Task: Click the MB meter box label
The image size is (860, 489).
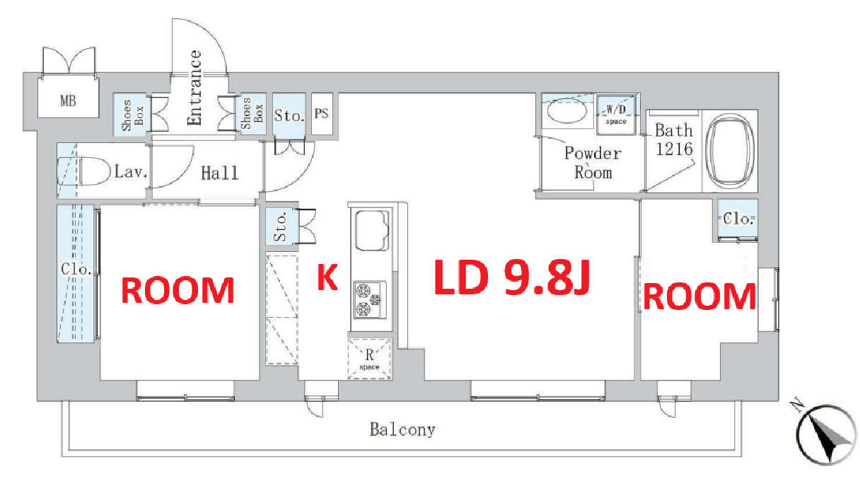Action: (x=68, y=100)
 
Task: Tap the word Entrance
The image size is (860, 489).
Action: (x=194, y=88)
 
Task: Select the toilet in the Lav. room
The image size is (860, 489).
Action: (x=84, y=171)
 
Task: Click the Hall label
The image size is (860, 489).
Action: (x=220, y=173)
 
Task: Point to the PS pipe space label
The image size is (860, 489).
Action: (x=321, y=113)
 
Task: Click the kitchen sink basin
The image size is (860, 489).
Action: (x=371, y=230)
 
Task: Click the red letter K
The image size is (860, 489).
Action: (x=327, y=277)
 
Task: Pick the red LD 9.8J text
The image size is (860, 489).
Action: (x=512, y=277)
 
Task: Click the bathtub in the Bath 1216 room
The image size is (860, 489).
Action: (x=729, y=150)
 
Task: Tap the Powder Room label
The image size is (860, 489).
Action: (x=593, y=163)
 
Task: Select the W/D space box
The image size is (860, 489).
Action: (x=616, y=114)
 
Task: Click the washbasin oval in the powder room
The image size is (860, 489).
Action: (x=566, y=111)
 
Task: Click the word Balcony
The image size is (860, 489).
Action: (x=402, y=429)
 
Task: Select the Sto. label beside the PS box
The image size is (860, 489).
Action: (x=289, y=115)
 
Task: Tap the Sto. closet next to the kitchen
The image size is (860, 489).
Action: (x=281, y=226)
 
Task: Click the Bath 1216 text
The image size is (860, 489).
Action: (x=674, y=140)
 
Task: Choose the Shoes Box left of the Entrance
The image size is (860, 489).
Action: (x=132, y=115)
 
